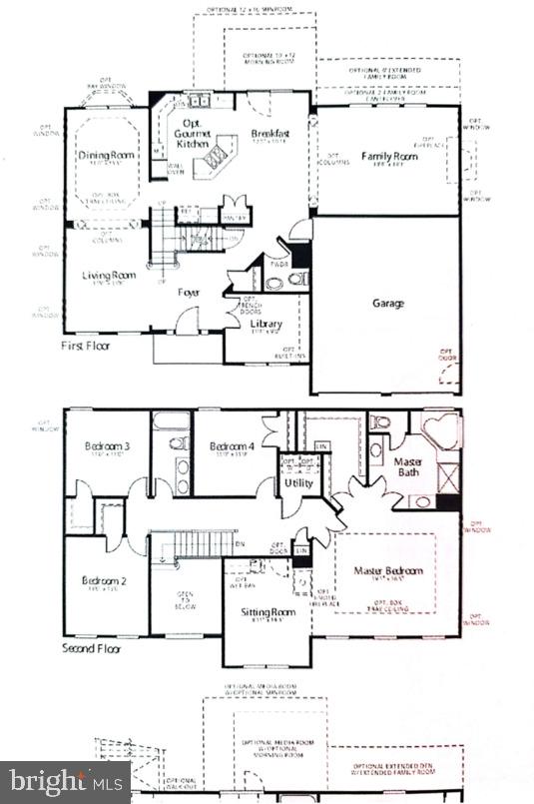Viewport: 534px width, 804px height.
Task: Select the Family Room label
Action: (389, 156)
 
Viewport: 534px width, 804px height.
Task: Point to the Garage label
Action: (388, 303)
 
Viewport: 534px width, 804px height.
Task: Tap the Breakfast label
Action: (269, 133)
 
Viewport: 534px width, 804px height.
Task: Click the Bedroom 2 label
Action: (104, 580)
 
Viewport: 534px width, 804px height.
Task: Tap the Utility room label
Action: (298, 483)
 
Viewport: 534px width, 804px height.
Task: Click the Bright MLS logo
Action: (65, 781)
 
